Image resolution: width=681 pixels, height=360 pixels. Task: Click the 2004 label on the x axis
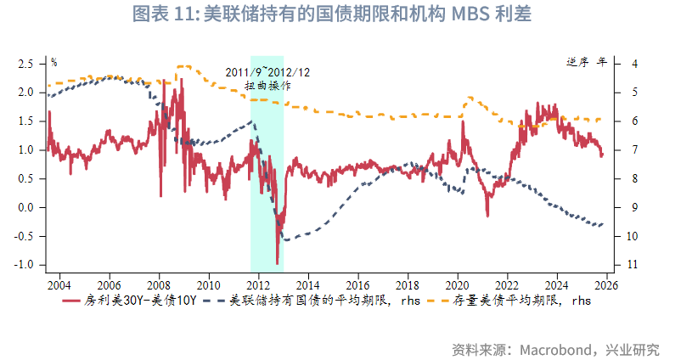click(x=59, y=284)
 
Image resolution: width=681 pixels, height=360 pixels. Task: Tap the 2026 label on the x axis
click(x=606, y=284)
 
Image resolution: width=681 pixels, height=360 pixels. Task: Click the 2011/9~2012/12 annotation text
click(x=267, y=72)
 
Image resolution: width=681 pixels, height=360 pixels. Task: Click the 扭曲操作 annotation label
click(x=267, y=86)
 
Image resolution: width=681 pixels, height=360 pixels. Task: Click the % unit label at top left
click(x=53, y=62)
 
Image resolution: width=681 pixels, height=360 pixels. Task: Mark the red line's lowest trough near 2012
click(x=277, y=263)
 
